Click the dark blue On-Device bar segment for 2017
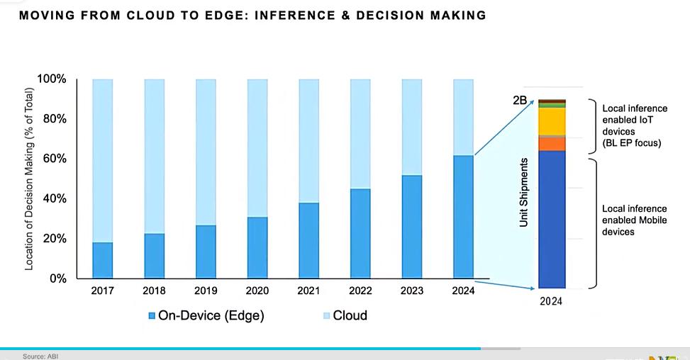(103, 260)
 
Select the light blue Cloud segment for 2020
(257, 147)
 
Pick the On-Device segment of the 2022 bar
(360, 233)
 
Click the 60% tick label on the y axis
(53, 159)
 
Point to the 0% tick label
(56, 279)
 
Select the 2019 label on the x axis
(206, 291)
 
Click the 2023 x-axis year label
(412, 291)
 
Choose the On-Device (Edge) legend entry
(206, 315)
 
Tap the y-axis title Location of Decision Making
(30, 179)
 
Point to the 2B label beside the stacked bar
(520, 101)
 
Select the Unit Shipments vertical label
(525, 193)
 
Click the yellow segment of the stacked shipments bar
(552, 121)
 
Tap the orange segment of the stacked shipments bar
(552, 144)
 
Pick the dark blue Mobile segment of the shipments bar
(552, 219)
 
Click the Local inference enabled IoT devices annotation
(634, 126)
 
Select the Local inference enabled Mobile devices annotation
(634, 220)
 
